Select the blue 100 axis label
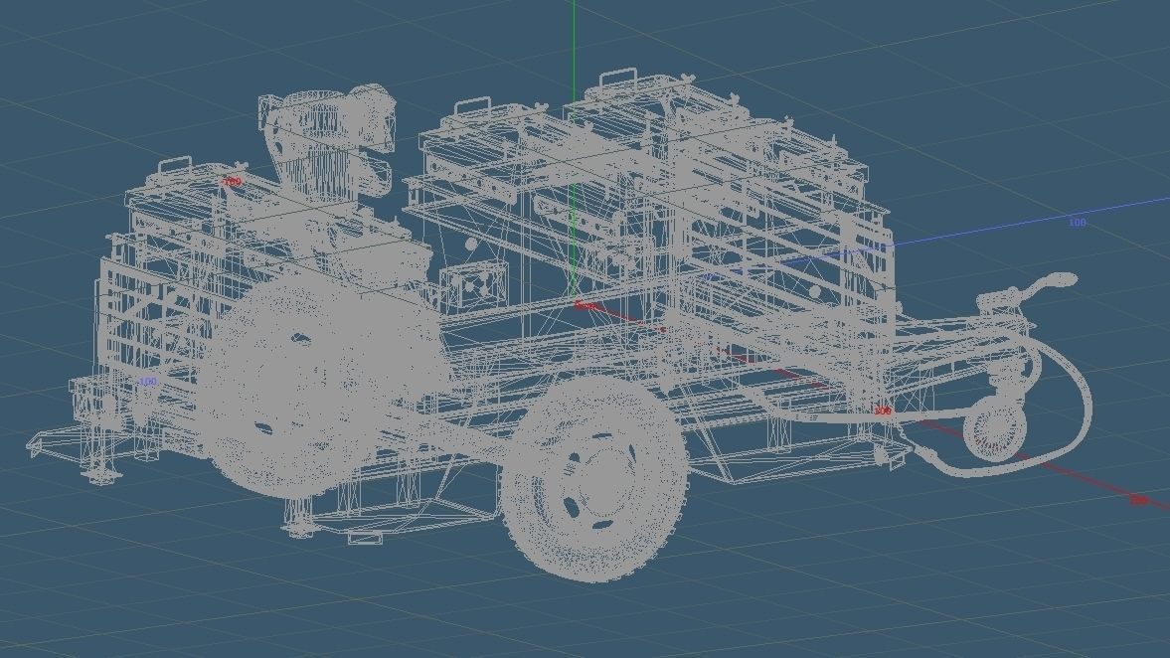(1077, 223)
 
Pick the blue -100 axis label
(147, 382)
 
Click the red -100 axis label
(232, 182)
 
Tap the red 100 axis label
(882, 411)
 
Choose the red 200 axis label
(1138, 500)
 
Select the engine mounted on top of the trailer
(323, 139)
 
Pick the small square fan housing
(466, 284)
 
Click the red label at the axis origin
(586, 306)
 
